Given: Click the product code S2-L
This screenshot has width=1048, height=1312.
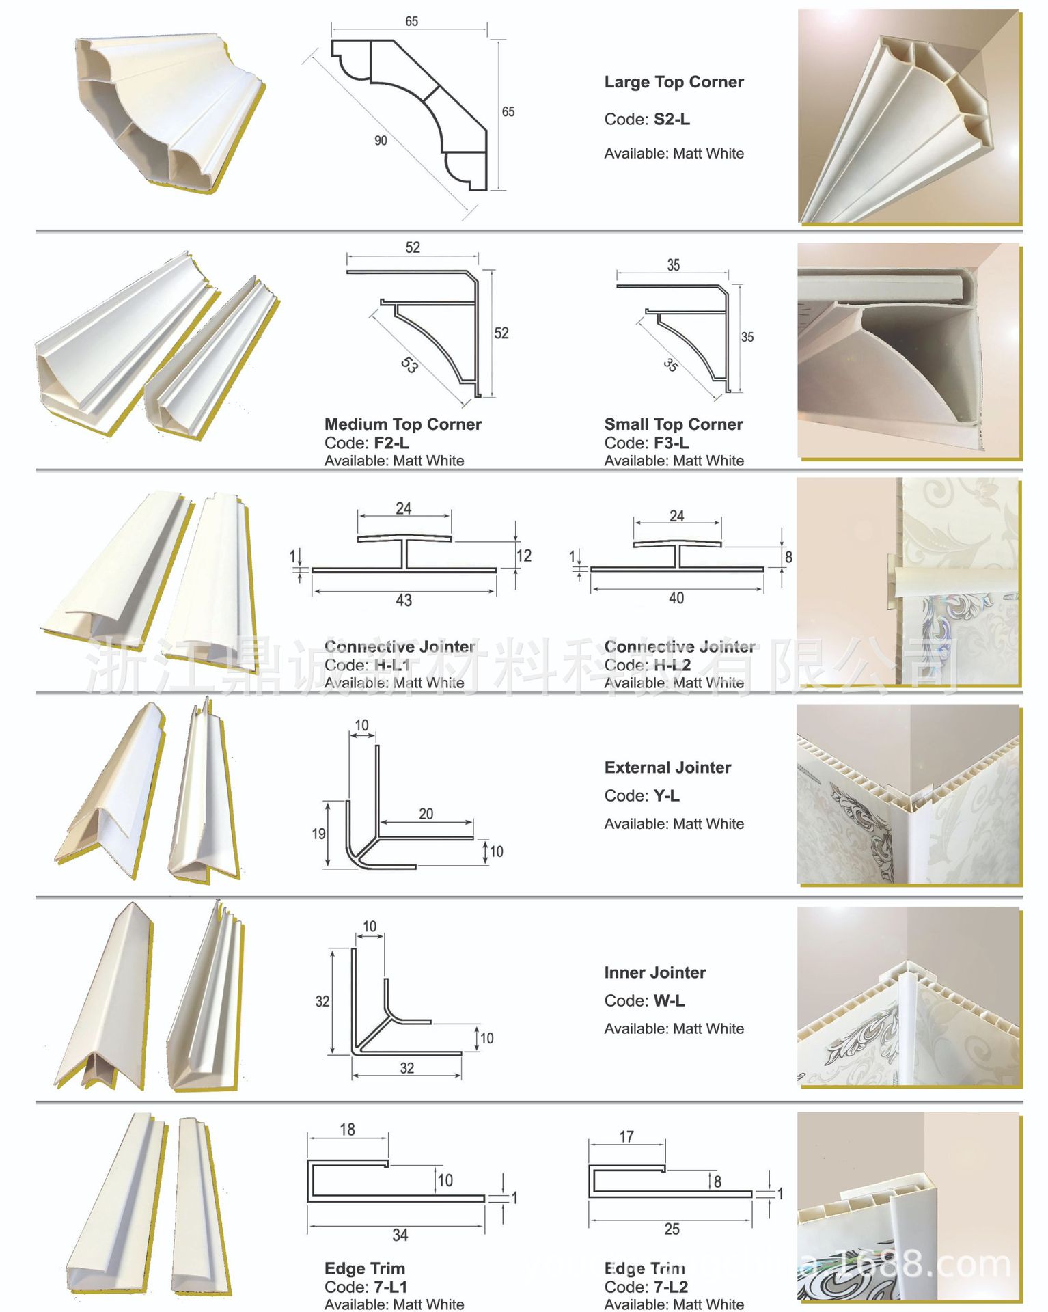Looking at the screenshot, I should click(x=671, y=120).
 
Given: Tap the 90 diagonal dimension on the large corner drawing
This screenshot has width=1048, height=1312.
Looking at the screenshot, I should click(x=381, y=141).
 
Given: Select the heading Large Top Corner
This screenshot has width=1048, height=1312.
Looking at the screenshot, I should click(x=674, y=82).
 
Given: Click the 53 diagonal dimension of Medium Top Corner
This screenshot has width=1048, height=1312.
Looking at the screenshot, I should click(x=409, y=366).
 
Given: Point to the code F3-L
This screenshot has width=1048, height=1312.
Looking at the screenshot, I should click(x=671, y=443).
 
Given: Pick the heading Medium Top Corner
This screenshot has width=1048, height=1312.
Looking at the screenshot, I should click(x=403, y=424).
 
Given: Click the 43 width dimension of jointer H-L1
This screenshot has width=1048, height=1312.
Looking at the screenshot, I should click(x=404, y=601).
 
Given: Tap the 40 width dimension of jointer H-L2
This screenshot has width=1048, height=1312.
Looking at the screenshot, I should click(x=676, y=599).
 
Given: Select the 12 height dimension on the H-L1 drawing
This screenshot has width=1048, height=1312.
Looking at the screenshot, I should click(x=524, y=556).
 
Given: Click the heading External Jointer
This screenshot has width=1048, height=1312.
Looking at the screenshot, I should click(x=667, y=767).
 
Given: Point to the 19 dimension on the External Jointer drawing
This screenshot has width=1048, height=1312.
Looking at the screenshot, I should click(x=318, y=834).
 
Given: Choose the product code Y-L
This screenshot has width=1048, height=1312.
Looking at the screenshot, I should click(x=666, y=796).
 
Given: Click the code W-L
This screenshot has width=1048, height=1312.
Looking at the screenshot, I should click(x=669, y=1001).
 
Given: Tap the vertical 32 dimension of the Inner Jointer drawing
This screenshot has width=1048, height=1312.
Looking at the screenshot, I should click(x=322, y=1002).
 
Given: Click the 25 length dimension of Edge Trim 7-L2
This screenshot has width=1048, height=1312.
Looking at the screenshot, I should click(x=672, y=1229).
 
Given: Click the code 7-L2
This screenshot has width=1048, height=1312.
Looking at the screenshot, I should click(x=670, y=1287).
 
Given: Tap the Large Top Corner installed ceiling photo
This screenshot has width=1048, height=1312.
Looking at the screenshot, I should click(x=909, y=116).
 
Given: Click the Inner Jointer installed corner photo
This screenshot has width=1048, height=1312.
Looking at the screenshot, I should click(x=909, y=997).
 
